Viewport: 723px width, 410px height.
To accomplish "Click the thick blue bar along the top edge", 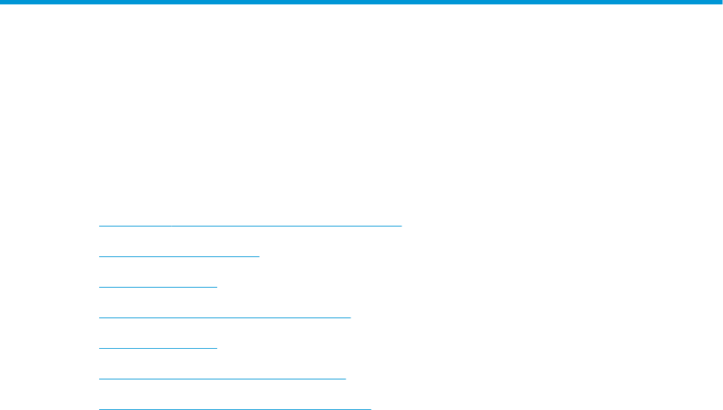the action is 361,2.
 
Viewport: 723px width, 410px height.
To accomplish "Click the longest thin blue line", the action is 250,226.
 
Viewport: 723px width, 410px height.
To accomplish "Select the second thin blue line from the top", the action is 179,256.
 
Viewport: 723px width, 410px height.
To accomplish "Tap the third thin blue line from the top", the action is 157,287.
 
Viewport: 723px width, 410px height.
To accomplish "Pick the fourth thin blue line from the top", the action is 224,318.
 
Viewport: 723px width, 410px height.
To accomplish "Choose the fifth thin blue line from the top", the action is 157,348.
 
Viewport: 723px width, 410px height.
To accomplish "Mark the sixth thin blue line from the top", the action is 222,379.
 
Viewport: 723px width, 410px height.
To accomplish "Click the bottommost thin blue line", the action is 235,409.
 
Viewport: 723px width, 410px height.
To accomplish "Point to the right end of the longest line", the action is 401,226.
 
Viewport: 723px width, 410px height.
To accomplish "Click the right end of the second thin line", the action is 259,256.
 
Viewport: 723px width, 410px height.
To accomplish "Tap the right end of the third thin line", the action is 216,287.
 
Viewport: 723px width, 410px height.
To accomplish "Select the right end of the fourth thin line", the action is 350,318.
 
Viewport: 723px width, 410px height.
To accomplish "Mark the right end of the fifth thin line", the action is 216,348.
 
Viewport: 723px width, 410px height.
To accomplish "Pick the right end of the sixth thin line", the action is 345,379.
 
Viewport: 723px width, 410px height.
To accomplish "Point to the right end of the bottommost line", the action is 370,409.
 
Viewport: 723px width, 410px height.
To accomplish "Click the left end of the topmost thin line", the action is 99,226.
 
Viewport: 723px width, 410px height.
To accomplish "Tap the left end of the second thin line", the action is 99,256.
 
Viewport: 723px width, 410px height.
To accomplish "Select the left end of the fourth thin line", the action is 99,318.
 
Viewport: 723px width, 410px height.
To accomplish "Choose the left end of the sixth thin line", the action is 99,379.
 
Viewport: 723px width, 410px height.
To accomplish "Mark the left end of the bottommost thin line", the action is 99,409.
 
